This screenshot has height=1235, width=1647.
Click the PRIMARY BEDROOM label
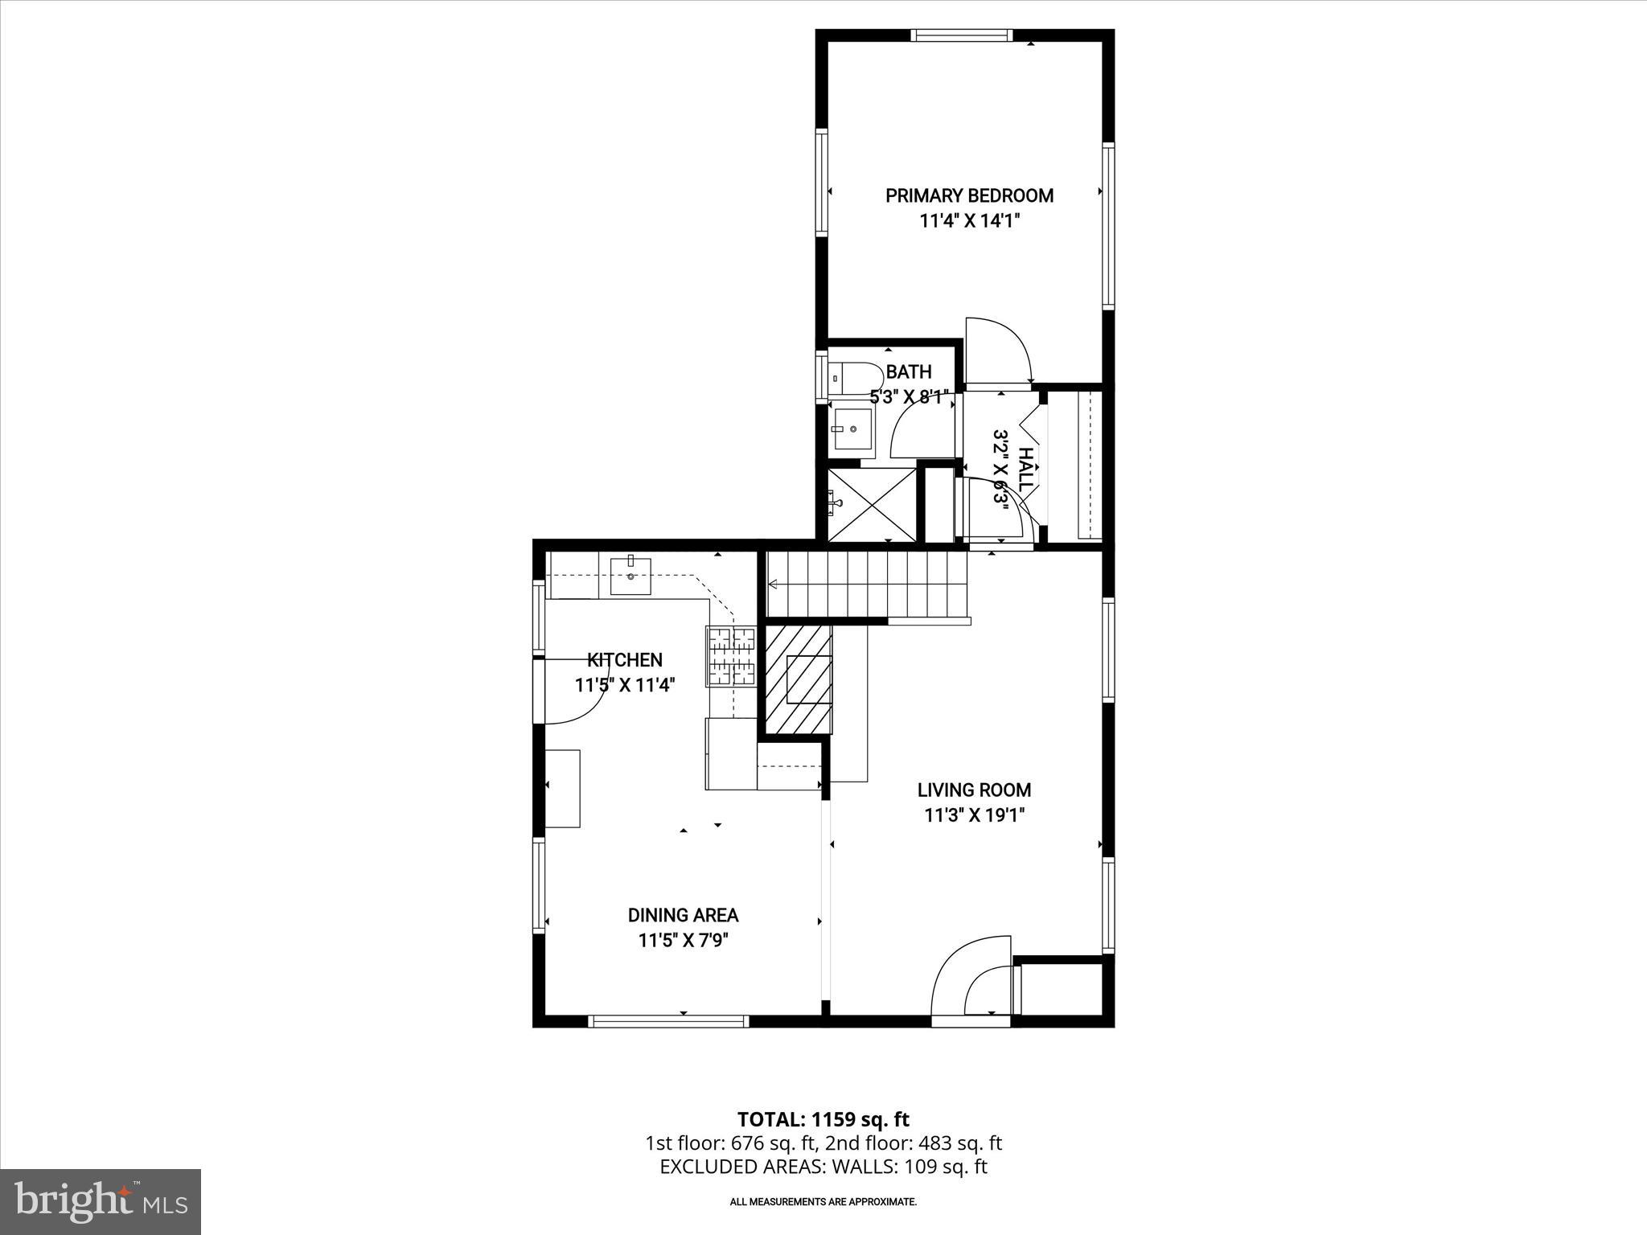969,195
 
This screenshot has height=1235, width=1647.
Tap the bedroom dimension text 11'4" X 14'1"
969,221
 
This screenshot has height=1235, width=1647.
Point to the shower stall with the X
872,505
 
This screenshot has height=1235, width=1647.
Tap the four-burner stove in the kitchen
732,656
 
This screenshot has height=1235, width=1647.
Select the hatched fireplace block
797,680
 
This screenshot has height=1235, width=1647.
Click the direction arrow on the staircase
774,584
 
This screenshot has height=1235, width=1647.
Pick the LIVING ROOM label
974,790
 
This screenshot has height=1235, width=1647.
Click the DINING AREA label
683,915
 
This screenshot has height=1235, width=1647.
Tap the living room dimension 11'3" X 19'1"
974,815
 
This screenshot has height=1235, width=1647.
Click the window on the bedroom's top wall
959,35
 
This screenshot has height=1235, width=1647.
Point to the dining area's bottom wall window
668,1021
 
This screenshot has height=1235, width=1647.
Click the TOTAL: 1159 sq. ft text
823,1119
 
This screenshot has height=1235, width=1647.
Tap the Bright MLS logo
101,1201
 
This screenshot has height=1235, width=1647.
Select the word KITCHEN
625,660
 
